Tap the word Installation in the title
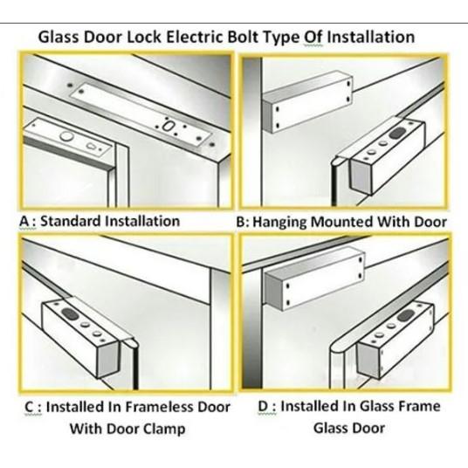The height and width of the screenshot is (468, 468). pos(371,38)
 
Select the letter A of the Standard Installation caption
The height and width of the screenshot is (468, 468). pos(24,222)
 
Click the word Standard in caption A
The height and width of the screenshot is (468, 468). pos(71,221)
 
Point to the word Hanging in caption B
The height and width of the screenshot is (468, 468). pos(279,223)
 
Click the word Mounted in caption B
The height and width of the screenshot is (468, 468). pos(342,222)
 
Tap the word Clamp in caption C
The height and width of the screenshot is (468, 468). pos(164,430)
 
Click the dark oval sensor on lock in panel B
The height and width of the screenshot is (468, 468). pos(397,133)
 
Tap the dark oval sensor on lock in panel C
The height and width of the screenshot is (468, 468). pos(70,313)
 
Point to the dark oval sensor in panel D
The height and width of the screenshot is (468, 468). pos(405,315)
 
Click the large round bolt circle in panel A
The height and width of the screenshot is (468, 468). pos(66,136)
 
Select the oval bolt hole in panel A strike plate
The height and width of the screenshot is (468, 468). pos(167,126)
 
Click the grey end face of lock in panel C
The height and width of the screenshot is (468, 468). pos(108,360)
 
